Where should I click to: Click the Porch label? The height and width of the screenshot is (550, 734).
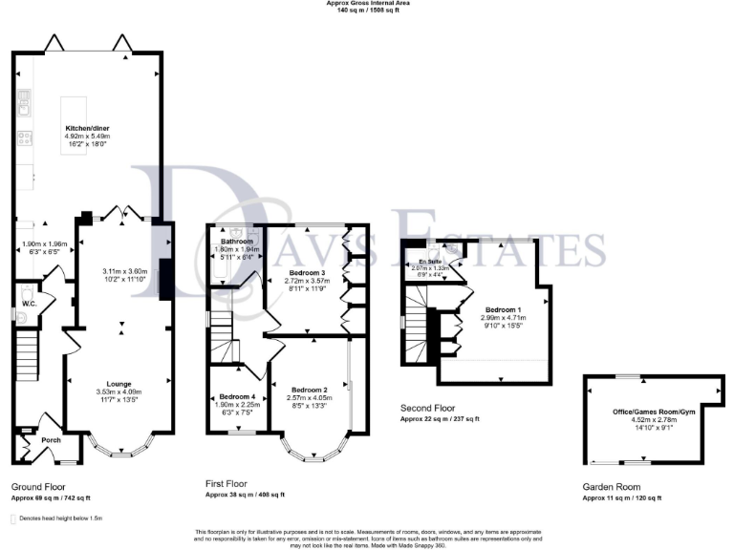pos(51,440)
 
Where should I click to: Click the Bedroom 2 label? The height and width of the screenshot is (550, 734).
pos(311,391)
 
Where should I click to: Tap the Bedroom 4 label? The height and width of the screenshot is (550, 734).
pos(237,396)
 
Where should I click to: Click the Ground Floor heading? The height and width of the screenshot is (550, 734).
pos(39,486)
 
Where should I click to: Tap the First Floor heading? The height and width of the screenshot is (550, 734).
pos(232,483)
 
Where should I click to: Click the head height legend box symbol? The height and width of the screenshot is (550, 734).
pos(14,518)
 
